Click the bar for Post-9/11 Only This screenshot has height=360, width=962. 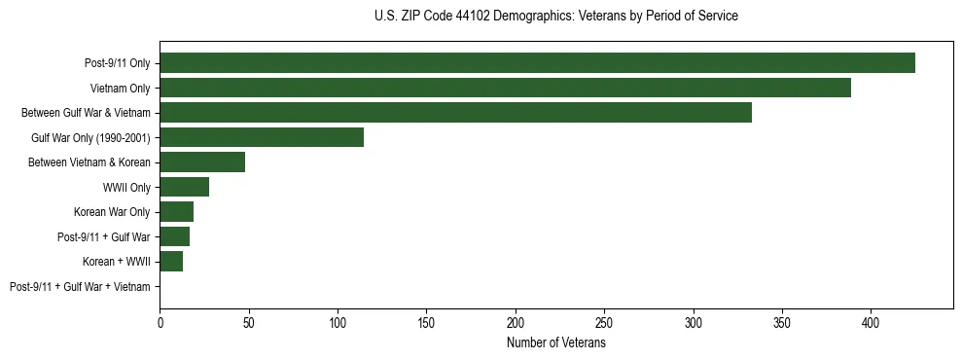tap(537, 63)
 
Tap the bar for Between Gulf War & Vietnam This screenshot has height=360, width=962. tap(455, 113)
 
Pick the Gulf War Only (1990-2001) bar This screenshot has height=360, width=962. tap(262, 137)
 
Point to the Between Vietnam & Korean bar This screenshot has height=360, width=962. tap(202, 162)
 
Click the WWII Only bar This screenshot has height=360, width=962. tap(184, 187)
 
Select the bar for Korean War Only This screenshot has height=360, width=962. tap(176, 212)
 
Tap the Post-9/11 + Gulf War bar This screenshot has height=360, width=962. tap(174, 236)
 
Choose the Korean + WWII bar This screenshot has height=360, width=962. tap(171, 262)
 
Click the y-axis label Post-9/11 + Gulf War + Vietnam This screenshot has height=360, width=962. tap(80, 287)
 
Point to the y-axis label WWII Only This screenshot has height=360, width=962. tap(126, 188)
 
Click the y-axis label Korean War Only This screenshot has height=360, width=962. tap(112, 212)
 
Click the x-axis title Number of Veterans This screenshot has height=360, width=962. tap(555, 342)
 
